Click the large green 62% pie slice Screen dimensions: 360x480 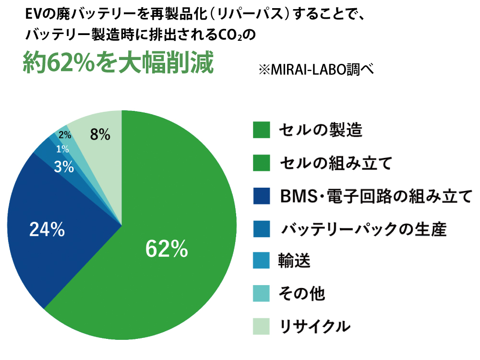pos(173,259)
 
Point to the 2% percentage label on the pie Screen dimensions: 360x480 pos(65,135)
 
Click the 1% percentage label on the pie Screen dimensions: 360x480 pos(62,149)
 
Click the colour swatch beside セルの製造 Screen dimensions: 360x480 pos(262,130)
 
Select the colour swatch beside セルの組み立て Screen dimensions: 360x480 pos(262,163)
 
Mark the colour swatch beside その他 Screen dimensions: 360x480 pos(262,294)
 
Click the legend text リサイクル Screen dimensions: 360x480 pos(314,326)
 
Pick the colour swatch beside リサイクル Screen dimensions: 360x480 pos(262,326)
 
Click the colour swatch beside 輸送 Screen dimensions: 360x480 pos(262,261)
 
